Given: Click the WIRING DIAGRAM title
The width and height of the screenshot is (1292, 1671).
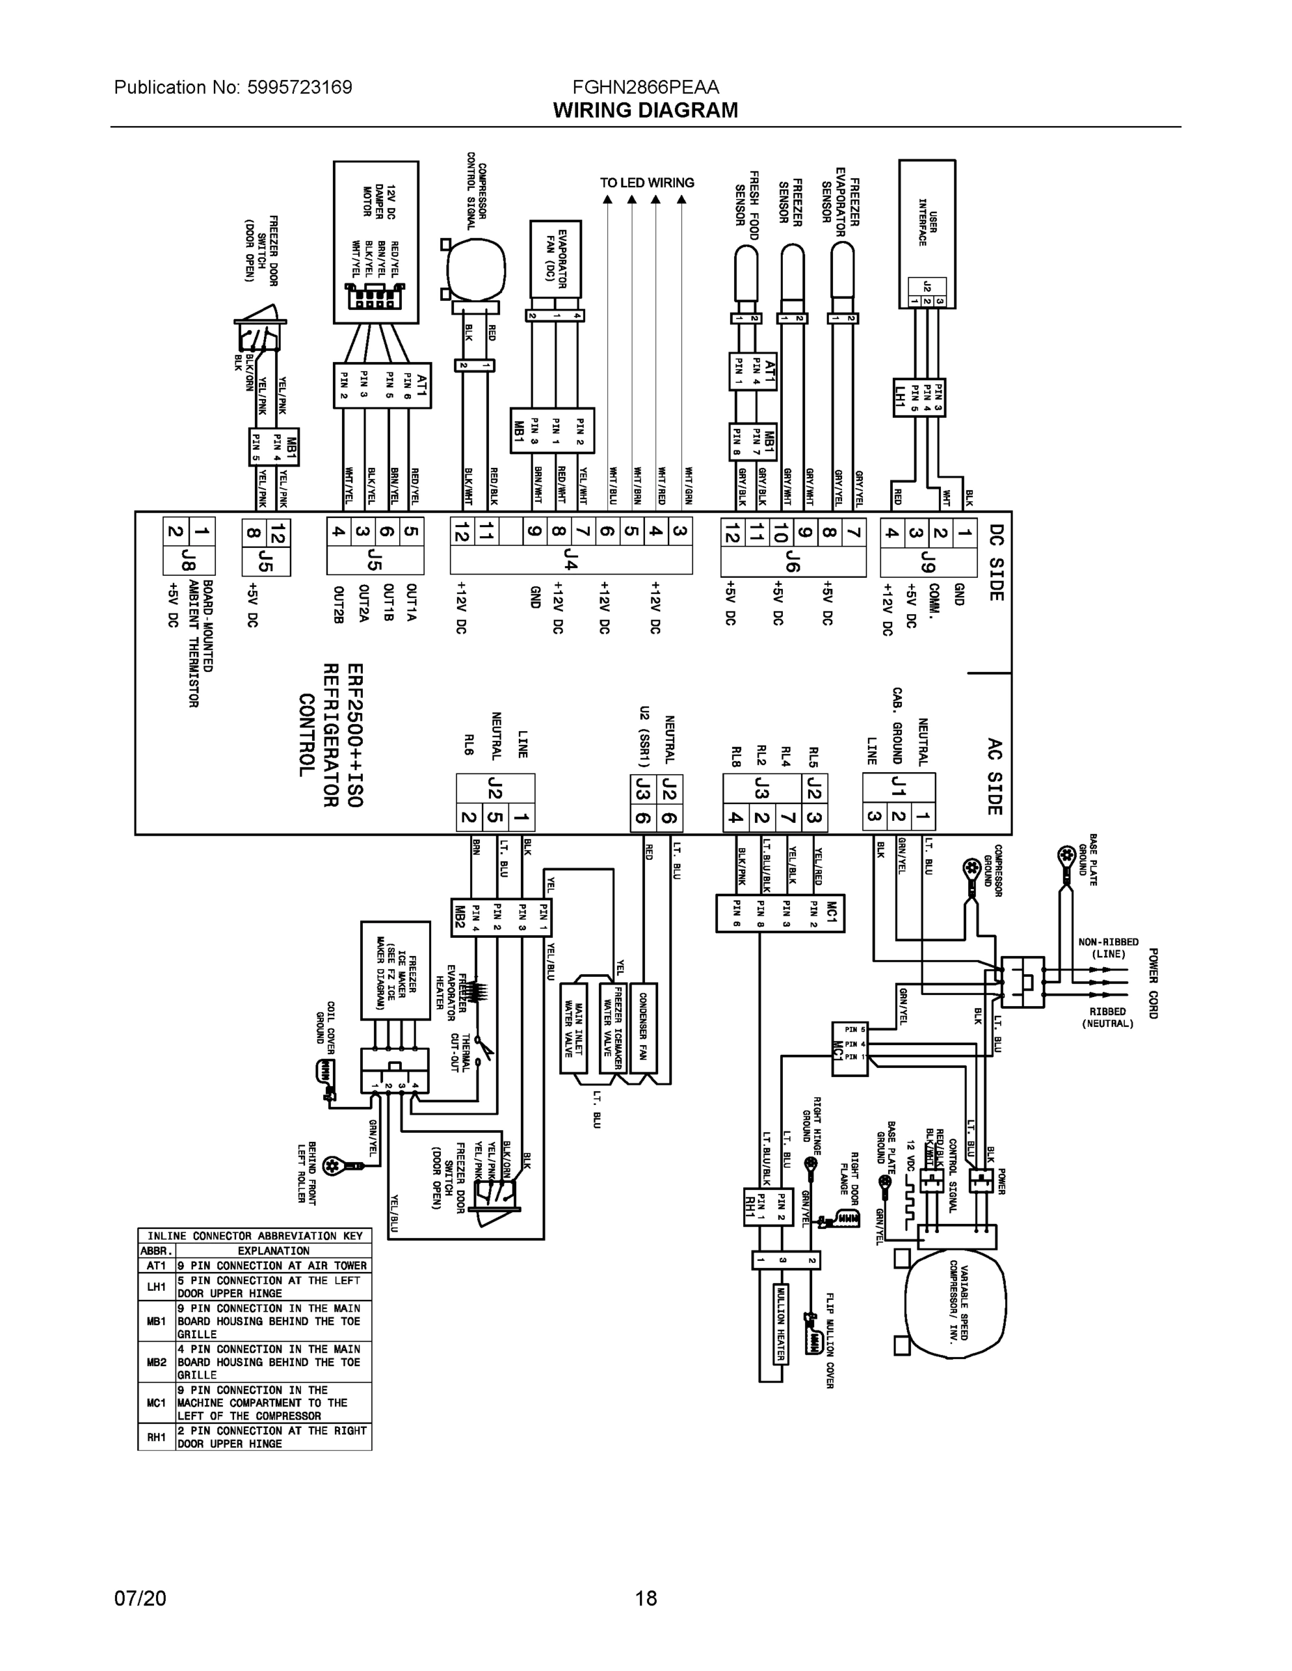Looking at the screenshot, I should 645,110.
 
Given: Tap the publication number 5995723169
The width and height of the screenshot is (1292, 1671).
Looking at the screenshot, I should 299,87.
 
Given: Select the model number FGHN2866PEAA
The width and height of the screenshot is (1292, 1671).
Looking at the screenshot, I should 645,87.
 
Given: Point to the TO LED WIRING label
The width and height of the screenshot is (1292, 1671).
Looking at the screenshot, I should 647,183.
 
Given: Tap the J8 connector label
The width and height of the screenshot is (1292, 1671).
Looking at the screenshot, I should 188,564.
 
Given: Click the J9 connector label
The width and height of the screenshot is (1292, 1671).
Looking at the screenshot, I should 928,564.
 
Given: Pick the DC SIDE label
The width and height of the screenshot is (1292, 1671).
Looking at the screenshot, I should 996,562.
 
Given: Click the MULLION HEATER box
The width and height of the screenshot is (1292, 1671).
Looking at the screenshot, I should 780,1323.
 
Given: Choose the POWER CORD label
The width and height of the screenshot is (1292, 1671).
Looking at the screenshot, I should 1153,983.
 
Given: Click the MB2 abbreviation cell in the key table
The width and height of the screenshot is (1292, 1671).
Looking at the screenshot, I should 156,1363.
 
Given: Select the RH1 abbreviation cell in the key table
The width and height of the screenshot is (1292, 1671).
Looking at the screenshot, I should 156,1438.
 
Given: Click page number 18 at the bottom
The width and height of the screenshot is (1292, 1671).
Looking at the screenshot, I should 645,1598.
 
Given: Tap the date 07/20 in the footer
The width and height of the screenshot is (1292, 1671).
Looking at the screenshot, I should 140,1598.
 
